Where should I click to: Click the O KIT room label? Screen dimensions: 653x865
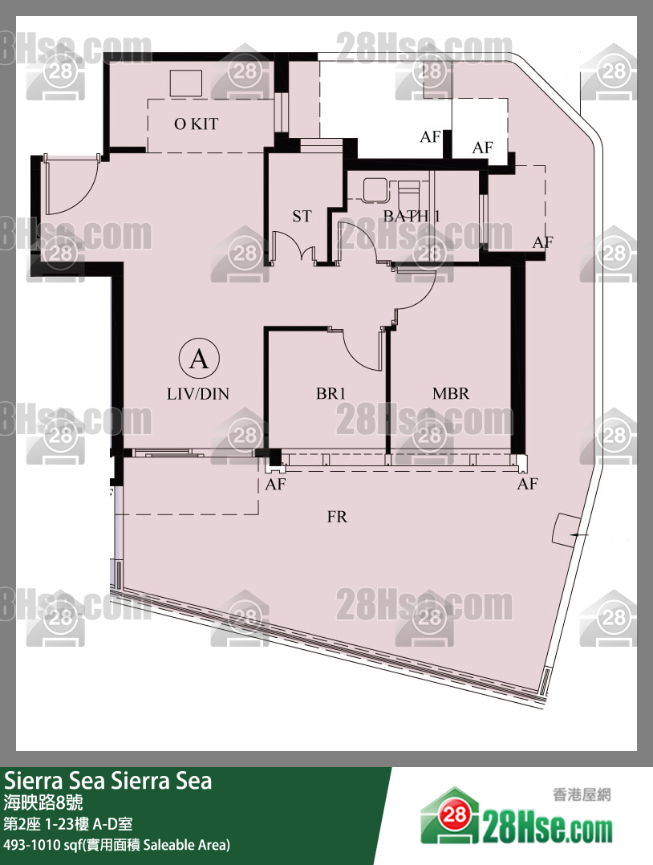(196, 124)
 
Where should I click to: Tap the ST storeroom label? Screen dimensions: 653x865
(302, 217)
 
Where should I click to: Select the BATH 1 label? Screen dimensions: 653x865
(412, 217)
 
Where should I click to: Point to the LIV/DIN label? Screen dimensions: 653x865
(198, 393)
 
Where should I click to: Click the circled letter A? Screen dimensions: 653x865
(199, 359)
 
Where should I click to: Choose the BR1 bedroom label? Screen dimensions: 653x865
(331, 393)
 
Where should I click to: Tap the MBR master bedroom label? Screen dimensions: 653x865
(451, 393)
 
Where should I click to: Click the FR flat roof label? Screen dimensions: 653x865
(337, 517)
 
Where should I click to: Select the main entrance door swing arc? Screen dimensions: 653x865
(83, 197)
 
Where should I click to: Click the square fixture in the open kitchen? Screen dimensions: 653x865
(186, 83)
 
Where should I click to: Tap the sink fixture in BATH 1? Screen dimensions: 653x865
(375, 189)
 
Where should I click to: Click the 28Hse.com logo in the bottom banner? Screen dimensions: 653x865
(517, 815)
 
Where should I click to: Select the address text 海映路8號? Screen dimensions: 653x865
(43, 802)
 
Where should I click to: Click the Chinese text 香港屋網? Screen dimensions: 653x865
(582, 795)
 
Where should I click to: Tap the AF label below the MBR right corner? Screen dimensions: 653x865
(527, 484)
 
